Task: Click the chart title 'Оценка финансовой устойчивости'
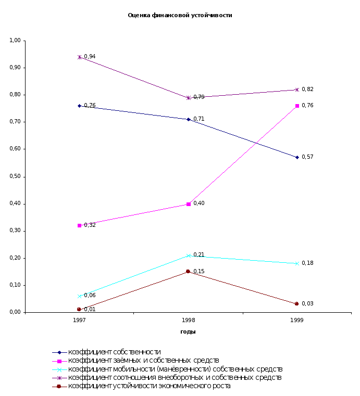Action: (180, 16)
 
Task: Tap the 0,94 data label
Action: (90, 56)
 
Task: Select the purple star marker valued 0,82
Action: (297, 90)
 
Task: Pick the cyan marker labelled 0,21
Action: (188, 256)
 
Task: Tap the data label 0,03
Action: (307, 303)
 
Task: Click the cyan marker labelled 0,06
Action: (79, 296)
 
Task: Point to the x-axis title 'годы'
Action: (188, 331)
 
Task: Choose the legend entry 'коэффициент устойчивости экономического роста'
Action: (149, 386)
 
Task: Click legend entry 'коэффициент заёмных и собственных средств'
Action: (143, 361)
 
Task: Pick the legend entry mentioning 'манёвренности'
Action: (175, 369)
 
